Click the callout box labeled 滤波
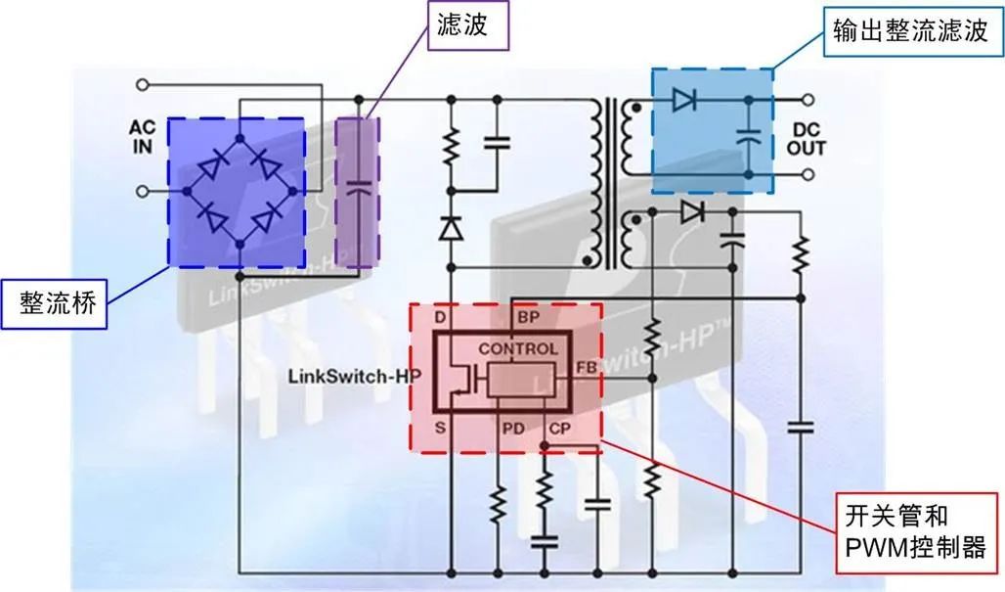click(468, 25)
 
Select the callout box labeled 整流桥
click(55, 303)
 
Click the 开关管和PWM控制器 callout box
click(917, 532)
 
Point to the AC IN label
click(143, 137)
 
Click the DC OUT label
click(807, 139)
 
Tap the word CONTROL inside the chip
click(518, 349)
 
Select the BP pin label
click(529, 317)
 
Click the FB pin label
click(587, 368)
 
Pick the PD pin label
click(512, 428)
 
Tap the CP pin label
click(559, 428)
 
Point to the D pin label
click(440, 317)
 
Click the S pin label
click(440, 427)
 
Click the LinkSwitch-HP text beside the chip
click(355, 375)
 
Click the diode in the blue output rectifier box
click(684, 100)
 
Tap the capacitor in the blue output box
click(748, 137)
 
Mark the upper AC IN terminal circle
click(143, 85)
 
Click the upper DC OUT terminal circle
click(808, 100)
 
